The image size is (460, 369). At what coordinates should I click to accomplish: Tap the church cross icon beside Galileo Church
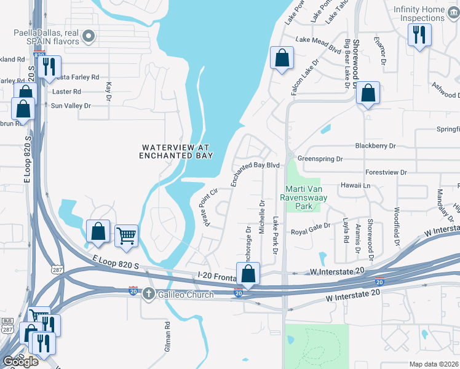[x=148, y=294]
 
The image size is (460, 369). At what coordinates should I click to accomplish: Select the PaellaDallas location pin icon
[x=89, y=36]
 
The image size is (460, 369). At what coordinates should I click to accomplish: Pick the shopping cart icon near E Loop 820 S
[x=126, y=236]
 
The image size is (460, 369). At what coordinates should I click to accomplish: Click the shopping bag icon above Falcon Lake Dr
[x=281, y=58]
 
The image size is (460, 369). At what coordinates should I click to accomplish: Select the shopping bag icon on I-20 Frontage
[x=248, y=274]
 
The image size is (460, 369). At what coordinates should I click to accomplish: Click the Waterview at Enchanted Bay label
[x=176, y=152]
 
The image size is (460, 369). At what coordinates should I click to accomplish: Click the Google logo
[x=20, y=362]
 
